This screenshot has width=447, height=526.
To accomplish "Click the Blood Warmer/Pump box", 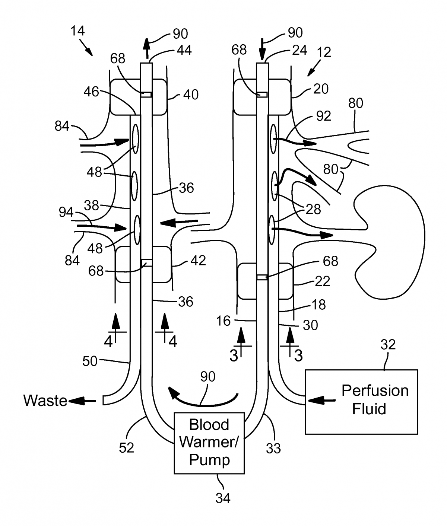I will click(x=209, y=443).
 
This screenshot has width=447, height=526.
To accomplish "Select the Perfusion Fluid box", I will click(x=361, y=401).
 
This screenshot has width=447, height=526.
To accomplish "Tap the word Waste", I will click(x=45, y=401).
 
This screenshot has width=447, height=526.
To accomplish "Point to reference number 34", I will click(x=223, y=498).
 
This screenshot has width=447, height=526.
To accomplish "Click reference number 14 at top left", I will click(x=77, y=31).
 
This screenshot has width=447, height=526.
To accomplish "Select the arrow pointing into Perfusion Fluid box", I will click(x=322, y=401).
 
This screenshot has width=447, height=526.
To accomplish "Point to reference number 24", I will click(x=299, y=50).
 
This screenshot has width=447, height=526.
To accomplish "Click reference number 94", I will click(x=66, y=212).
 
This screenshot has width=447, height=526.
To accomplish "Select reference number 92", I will click(x=323, y=116).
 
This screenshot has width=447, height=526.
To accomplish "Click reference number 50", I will click(x=90, y=361).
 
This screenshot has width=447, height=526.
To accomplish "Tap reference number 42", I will click(x=198, y=260).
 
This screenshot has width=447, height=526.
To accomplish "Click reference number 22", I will click(x=322, y=281).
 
